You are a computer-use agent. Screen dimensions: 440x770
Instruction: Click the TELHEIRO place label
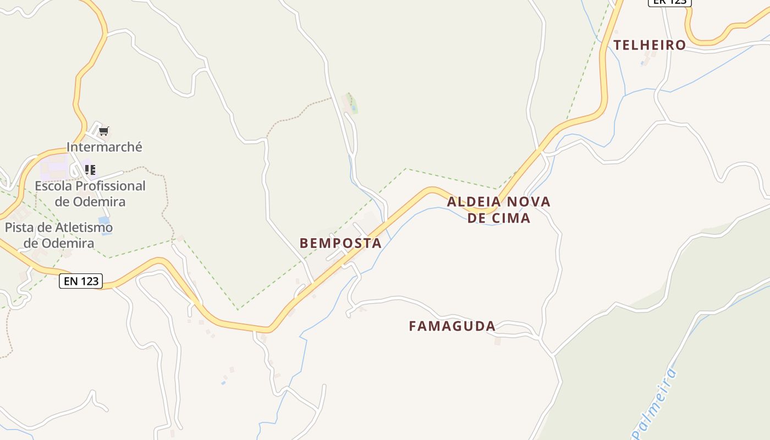click(x=650, y=45)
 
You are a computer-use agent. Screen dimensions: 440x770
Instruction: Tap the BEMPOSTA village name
click(x=340, y=243)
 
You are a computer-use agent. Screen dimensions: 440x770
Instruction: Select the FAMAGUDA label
click(x=452, y=326)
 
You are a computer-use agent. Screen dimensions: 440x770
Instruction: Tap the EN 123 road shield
click(x=81, y=281)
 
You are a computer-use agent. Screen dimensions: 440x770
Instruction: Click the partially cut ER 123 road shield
click(x=669, y=2)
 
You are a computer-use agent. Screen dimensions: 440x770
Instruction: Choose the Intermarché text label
click(x=105, y=147)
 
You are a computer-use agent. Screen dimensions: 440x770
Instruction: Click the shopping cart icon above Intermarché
click(x=104, y=131)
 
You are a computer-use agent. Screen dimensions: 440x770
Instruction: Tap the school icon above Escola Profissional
click(x=90, y=169)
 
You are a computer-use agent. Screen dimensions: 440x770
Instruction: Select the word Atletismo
click(x=79, y=227)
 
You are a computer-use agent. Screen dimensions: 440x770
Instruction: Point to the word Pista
click(x=21, y=227)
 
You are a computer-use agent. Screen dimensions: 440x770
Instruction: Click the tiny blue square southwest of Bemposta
click(x=223, y=382)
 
